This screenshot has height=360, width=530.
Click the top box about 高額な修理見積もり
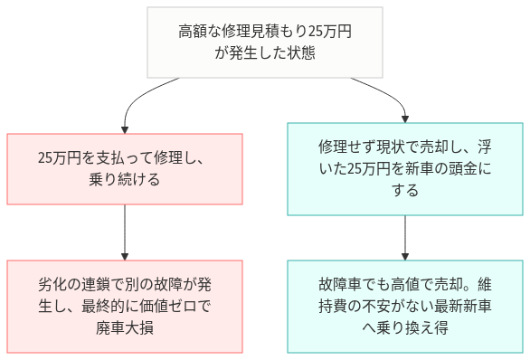click(x=265, y=43)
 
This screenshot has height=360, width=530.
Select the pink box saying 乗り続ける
click(x=125, y=168)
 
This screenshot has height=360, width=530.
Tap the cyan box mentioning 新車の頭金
click(x=404, y=168)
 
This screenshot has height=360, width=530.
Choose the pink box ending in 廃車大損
click(x=125, y=306)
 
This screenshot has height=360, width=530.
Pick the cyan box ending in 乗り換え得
click(x=404, y=306)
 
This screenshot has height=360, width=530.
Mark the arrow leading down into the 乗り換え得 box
click(x=404, y=237)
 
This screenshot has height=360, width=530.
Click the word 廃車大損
click(x=124, y=327)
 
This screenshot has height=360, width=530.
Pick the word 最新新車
click(x=460, y=306)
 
